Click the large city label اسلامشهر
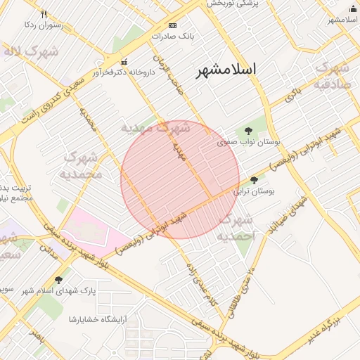pos(226,69)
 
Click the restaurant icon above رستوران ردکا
pos(44,14)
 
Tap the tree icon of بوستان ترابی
pos(254,180)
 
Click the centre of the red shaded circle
pos(180,180)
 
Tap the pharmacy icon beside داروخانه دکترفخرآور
pos(125,62)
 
